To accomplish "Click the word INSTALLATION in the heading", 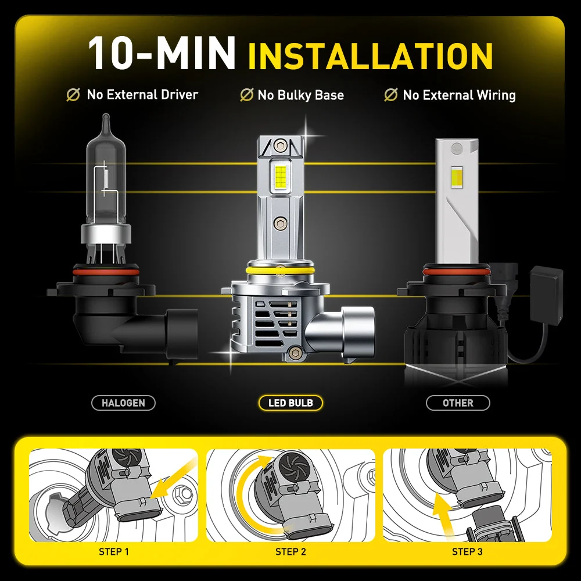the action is click(370, 56).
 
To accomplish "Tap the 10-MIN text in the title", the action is click(162, 53).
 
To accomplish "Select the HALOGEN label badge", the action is click(123, 403).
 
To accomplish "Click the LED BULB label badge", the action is click(290, 403).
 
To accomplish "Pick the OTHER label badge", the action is click(458, 403).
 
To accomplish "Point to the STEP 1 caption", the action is click(114, 552).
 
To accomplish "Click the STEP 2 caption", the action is click(290, 552).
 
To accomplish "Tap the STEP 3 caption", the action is click(467, 552).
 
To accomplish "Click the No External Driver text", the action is click(142, 95).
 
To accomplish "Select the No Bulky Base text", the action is click(301, 95).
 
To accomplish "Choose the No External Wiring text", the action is click(459, 95).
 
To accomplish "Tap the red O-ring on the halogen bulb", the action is click(106, 272).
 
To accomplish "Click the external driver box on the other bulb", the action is click(546, 295).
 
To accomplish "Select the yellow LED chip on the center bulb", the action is click(281, 175).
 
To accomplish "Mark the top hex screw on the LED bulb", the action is click(280, 145).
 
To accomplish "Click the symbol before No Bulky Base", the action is click(246, 95).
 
